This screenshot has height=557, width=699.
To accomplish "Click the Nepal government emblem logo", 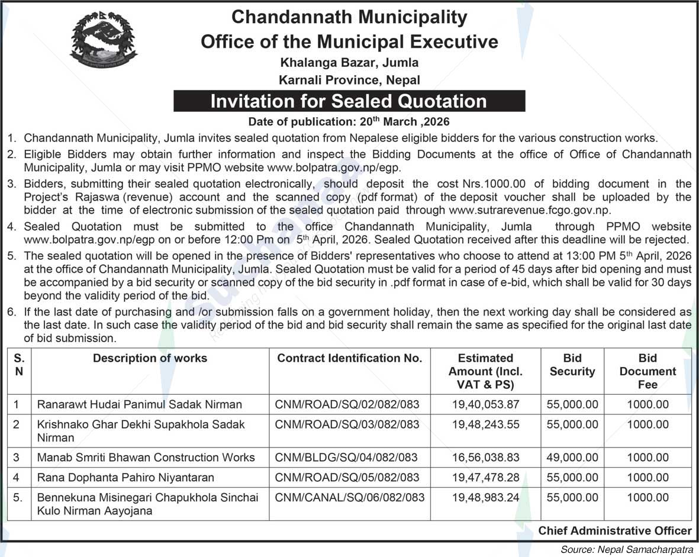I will [104, 40].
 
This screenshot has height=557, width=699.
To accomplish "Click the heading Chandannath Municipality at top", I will [349, 17].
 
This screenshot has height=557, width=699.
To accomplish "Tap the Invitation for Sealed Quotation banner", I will [349, 101].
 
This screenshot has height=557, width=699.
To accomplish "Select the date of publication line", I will [349, 123].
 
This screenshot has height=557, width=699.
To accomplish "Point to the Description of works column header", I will [150, 358].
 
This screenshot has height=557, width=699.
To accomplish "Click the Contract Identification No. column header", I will [349, 358].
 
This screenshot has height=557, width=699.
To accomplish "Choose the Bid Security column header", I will [572, 365].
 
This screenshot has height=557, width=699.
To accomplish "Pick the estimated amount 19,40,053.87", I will [485, 405].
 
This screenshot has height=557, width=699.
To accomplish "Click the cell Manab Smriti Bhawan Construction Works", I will [146, 458].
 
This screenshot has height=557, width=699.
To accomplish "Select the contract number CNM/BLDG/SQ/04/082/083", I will [346, 458].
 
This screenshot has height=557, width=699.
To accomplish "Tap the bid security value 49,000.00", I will [572, 458].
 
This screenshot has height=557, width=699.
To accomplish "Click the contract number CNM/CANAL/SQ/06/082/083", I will [350, 498].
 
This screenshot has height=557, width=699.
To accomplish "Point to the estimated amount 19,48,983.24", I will [485, 498].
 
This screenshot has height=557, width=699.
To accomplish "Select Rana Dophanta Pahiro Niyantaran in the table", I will [125, 478].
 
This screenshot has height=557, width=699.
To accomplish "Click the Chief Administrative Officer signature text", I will [614, 531].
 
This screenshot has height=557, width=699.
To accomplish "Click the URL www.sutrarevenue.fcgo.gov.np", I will [529, 210].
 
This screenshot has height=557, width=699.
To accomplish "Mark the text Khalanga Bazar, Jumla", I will [349, 62].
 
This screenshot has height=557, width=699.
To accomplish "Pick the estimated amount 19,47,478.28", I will [485, 478].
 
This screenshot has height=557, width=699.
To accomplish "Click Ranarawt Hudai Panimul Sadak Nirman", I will [140, 405].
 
